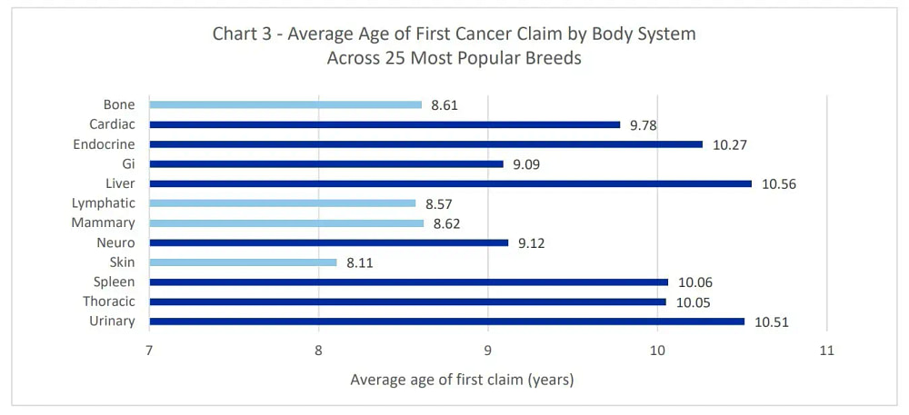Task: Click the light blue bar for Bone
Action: point(285,104)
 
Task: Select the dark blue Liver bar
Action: point(450,183)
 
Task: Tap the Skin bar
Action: point(243,262)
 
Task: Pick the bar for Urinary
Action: point(446,321)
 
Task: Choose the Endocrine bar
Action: point(425,144)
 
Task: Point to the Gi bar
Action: point(325,164)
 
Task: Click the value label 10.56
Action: point(778,183)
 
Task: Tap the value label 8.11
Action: point(359,262)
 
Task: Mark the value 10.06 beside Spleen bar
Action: point(694,282)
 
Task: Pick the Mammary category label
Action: point(104,222)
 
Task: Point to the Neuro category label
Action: point(115,242)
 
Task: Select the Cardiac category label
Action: point(112,124)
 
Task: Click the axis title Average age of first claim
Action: point(462,380)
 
